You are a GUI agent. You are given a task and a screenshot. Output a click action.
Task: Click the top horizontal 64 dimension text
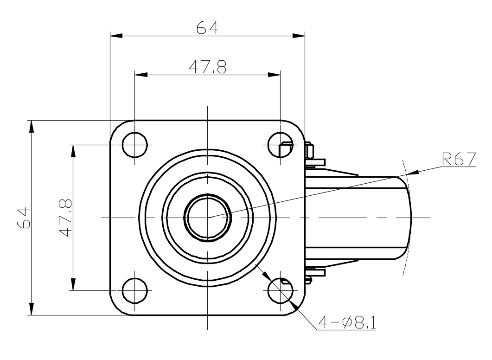click(207, 28)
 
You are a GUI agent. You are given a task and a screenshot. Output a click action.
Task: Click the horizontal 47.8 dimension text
click(207, 68)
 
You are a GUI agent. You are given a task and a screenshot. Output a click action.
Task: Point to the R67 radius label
click(459, 159)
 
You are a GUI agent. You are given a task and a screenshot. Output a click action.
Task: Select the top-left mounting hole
click(134, 145)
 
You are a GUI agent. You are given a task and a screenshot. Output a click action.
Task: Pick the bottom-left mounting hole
click(134, 291)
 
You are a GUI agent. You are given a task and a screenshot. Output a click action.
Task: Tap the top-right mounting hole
click(280, 145)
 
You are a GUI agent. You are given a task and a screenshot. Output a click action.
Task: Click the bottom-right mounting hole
click(280, 291)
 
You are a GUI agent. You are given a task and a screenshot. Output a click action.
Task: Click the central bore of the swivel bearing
click(208, 217)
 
